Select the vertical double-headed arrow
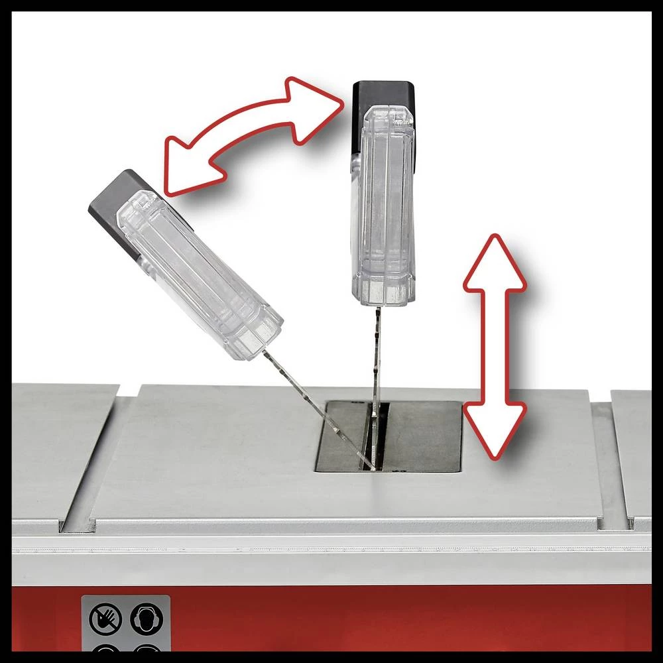(x=494, y=345)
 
